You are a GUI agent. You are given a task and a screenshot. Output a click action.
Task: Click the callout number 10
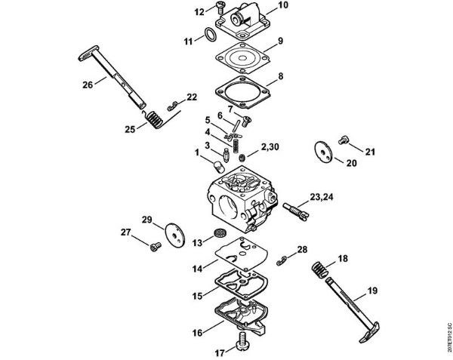(262, 6)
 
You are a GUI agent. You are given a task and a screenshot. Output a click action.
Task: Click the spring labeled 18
(321, 267)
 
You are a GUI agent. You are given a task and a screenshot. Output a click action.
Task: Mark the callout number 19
(373, 290)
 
